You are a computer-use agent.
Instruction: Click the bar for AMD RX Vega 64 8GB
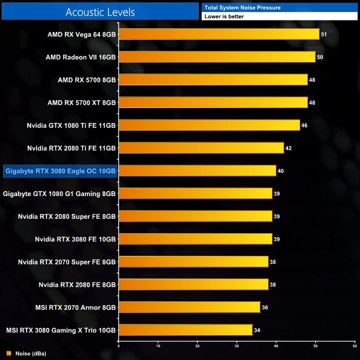click(219, 34)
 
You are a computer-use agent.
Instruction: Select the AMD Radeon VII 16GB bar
click(217, 57)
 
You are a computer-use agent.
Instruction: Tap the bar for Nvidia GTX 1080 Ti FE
click(209, 125)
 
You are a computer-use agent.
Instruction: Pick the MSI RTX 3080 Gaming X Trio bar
click(186, 330)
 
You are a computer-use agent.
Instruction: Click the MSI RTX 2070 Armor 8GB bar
click(189, 307)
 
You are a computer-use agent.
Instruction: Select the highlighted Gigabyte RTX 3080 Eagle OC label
click(60, 171)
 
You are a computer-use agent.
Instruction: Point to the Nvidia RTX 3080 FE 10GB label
click(75, 239)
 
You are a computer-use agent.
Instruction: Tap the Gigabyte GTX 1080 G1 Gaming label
click(59, 193)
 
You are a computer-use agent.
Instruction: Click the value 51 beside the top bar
click(324, 34)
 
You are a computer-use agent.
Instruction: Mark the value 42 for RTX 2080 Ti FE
click(289, 148)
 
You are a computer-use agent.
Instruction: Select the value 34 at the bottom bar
click(257, 330)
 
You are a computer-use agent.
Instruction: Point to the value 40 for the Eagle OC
click(281, 171)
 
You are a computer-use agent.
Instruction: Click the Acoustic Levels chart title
click(100, 12)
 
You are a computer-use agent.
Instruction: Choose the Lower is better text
click(224, 17)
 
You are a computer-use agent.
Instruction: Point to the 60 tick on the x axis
click(354, 346)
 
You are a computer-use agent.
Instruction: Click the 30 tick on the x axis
click(237, 346)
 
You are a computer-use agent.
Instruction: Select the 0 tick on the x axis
click(119, 346)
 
